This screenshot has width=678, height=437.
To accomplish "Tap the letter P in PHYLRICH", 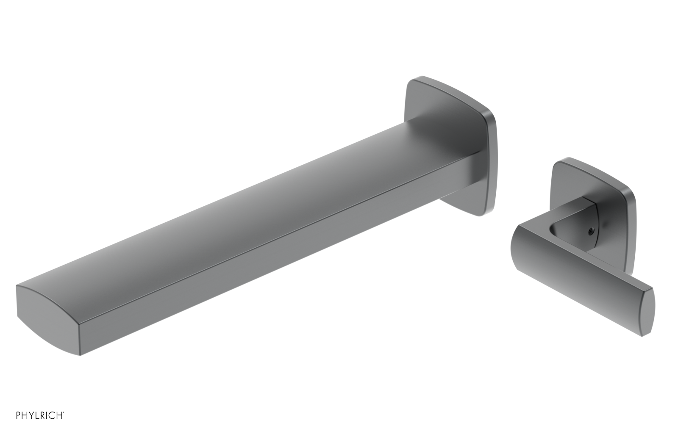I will click(x=18, y=415).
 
